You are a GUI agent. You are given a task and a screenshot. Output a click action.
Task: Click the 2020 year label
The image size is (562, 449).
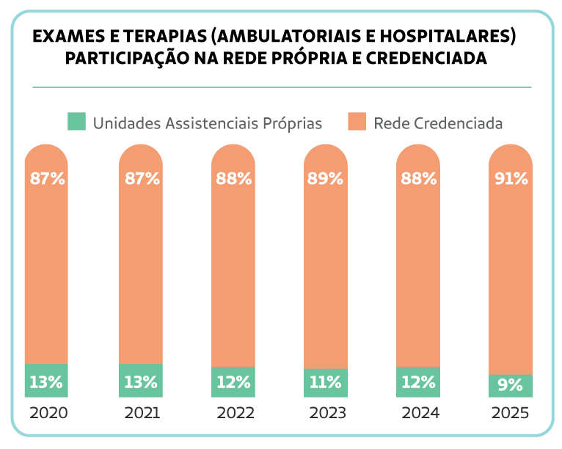pyautogui.click(x=48, y=413)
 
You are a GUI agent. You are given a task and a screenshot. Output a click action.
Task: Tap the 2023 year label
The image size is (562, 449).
pyautogui.click(x=327, y=413)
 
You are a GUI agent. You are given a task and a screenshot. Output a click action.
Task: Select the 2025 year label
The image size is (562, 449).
pyautogui.click(x=510, y=413)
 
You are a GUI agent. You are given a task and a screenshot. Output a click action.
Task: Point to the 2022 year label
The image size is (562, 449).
pyautogui.click(x=235, y=413)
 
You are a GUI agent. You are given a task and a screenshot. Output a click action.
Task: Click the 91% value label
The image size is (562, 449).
pyautogui.click(x=511, y=178)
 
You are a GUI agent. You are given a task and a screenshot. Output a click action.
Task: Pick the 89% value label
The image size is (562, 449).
pyautogui.click(x=326, y=178)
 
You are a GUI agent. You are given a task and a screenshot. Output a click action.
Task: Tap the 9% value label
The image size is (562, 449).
pyautogui.click(x=511, y=384)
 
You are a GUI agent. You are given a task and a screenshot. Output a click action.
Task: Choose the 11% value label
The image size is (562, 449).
pyautogui.click(x=326, y=382)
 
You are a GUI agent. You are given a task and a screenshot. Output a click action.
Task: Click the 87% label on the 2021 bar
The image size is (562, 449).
pyautogui.click(x=142, y=178)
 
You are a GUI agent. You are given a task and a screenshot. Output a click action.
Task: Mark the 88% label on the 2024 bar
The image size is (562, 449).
pyautogui.click(x=419, y=178)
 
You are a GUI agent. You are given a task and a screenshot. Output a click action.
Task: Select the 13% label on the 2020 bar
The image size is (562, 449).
pyautogui.click(x=46, y=382)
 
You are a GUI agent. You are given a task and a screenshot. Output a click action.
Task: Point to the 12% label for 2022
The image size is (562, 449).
pyautogui.click(x=233, y=382)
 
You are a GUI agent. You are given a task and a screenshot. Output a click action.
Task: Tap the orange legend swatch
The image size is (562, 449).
pyautogui.click(x=357, y=122)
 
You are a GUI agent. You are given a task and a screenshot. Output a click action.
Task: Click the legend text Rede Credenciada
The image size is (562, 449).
pyautogui.click(x=438, y=123)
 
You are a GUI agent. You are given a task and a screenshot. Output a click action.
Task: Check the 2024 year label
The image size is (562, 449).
pyautogui.click(x=420, y=413)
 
